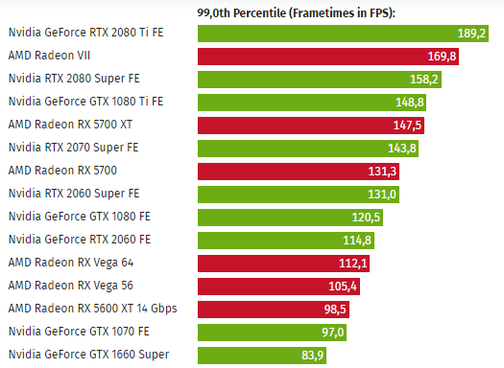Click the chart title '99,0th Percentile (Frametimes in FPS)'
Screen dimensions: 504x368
click(296, 13)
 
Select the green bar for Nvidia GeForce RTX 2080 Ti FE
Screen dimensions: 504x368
click(343, 34)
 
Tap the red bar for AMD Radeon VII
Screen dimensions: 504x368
click(328, 57)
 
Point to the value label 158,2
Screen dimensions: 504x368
click(424, 80)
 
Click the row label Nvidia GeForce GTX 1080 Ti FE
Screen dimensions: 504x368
click(85, 102)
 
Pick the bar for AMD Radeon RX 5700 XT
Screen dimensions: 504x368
click(311, 126)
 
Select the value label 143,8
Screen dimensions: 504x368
click(402, 149)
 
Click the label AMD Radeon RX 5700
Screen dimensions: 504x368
click(62, 171)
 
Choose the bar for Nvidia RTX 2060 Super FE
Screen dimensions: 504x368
click(299, 195)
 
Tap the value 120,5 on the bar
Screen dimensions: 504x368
click(366, 218)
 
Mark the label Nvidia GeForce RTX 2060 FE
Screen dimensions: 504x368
click(80, 240)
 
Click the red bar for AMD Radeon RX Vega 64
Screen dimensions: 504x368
click(283, 264)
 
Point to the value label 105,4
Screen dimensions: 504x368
click(343, 287)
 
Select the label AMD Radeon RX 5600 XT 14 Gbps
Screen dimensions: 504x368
click(92, 309)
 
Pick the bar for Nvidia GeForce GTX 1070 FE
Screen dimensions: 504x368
click(272, 333)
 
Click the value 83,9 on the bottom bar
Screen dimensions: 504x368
click(312, 356)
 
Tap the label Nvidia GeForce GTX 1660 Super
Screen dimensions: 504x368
click(88, 355)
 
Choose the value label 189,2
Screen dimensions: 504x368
click(471, 34)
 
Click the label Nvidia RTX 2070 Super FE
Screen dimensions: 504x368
click(73, 148)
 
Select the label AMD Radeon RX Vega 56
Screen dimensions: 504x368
click(71, 286)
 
